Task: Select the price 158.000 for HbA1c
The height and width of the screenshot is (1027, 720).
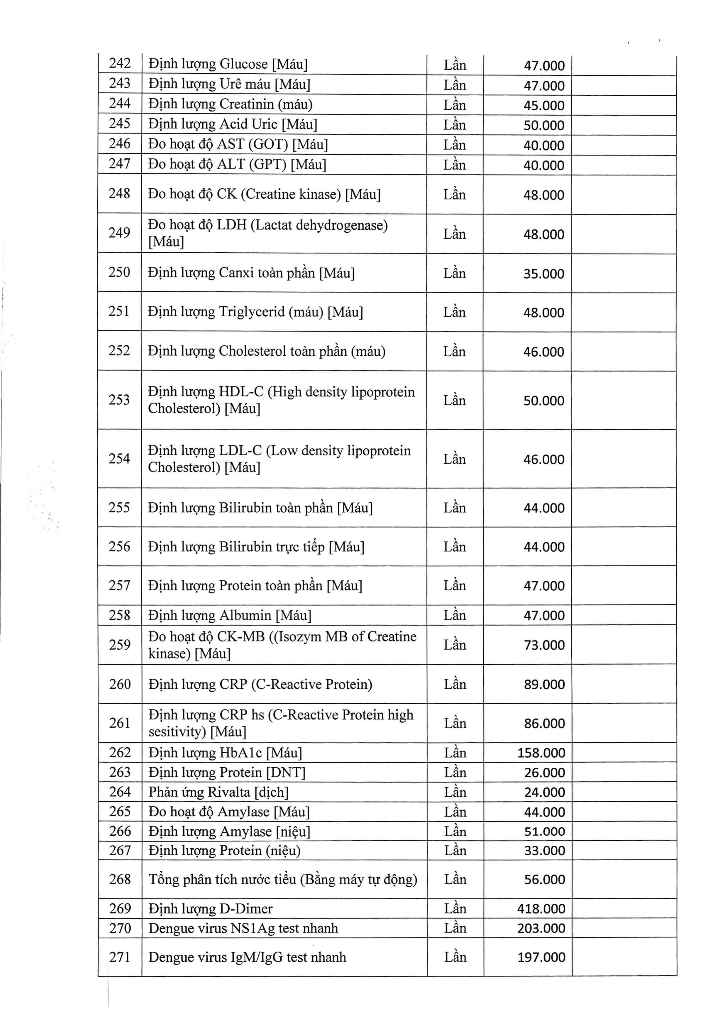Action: [x=541, y=753]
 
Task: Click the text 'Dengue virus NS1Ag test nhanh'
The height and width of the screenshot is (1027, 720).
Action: [x=243, y=928]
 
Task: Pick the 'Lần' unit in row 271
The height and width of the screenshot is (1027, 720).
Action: [x=455, y=957]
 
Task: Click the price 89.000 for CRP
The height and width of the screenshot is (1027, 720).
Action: [x=544, y=684]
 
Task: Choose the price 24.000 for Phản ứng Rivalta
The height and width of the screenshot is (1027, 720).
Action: [x=544, y=792]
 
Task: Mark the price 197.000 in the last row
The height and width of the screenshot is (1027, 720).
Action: [x=541, y=957]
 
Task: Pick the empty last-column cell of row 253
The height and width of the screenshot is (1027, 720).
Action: [x=624, y=400]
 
